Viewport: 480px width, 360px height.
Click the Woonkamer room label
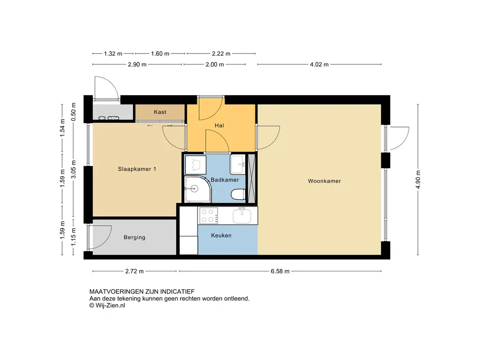(x=324, y=181)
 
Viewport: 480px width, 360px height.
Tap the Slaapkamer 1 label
(x=137, y=169)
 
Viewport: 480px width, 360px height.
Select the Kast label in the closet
(x=160, y=112)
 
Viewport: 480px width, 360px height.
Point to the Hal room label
(x=219, y=126)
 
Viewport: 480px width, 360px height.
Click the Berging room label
(x=135, y=237)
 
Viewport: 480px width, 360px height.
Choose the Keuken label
(x=221, y=235)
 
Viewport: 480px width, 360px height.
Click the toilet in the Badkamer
(x=238, y=194)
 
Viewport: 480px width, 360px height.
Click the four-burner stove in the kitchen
(x=208, y=216)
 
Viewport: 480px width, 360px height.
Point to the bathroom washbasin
(x=238, y=164)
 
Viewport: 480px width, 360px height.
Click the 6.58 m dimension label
(x=280, y=271)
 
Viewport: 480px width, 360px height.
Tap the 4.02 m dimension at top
(x=319, y=65)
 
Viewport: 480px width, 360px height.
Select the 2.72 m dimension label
(x=135, y=271)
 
